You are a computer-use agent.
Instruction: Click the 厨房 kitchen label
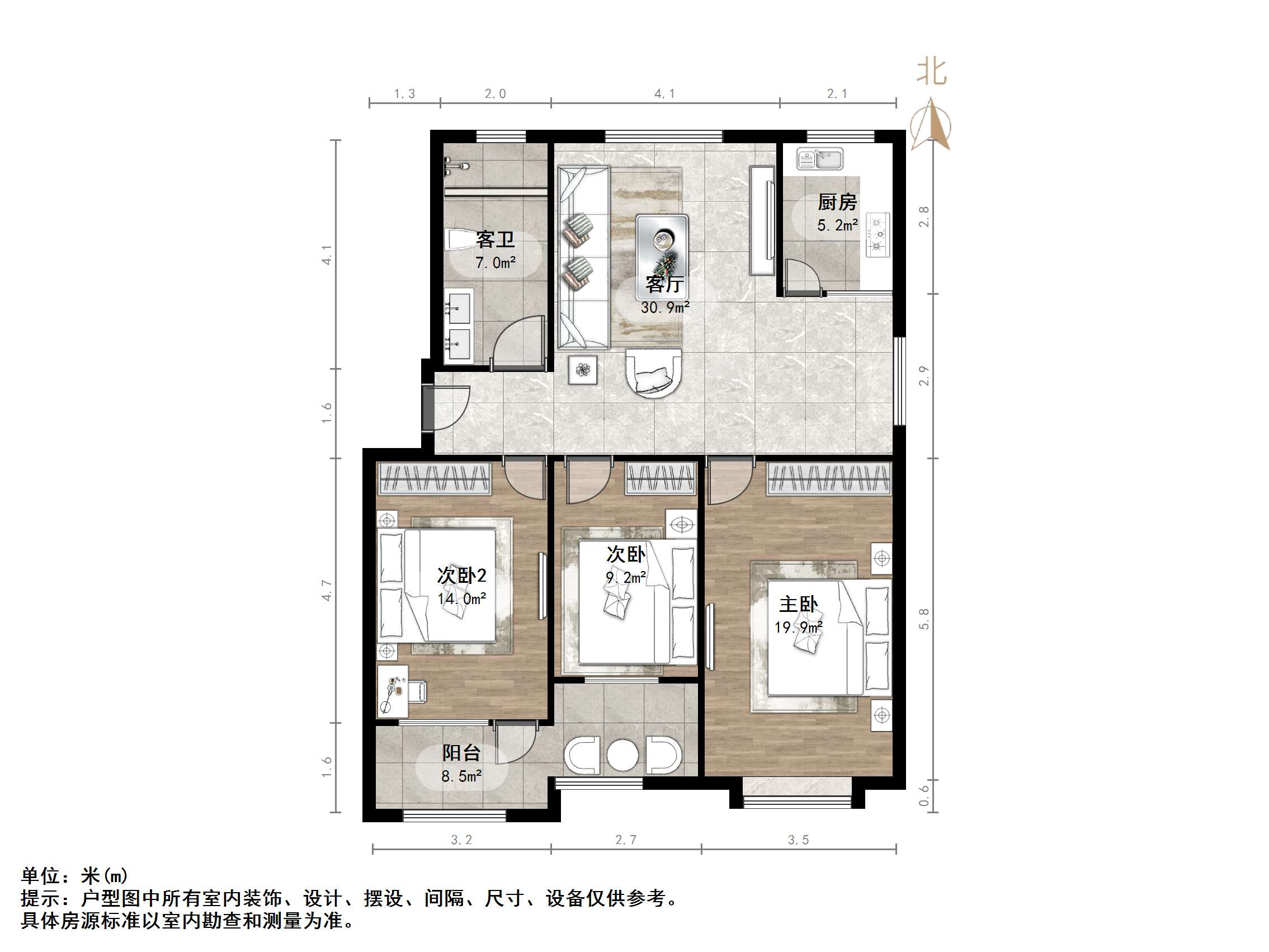[x=837, y=202]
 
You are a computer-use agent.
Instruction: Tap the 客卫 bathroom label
[x=495, y=239]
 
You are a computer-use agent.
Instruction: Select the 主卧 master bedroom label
[x=798, y=604]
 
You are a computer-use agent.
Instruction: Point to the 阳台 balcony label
[x=461, y=753]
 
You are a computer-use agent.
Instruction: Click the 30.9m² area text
[x=665, y=308]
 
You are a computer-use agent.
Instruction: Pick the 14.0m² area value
[x=461, y=599]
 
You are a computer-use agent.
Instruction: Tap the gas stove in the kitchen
[x=877, y=234]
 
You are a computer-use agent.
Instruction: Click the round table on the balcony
[x=622, y=755]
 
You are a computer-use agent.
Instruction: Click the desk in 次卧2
[x=393, y=691]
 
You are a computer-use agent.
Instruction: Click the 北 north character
[x=931, y=72]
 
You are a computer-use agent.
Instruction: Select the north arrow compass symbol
[x=931, y=125]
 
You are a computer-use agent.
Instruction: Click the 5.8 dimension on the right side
[x=923, y=619]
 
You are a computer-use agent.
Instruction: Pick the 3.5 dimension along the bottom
[x=798, y=840]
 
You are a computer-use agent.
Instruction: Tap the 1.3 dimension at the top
[x=404, y=94]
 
